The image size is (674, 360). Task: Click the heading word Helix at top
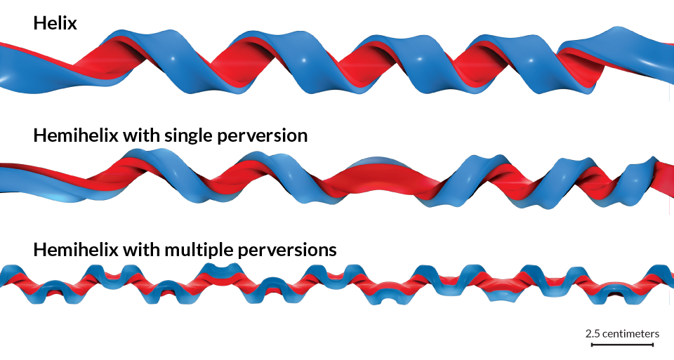click(x=55, y=23)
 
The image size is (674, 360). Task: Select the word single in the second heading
click(x=191, y=135)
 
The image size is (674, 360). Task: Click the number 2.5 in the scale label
click(x=593, y=333)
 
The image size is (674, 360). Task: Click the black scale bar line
click(x=622, y=345)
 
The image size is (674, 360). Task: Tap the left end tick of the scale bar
click(x=591, y=345)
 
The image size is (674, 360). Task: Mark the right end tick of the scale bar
click(x=654, y=345)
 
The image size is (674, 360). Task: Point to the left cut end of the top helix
click(x=3, y=67)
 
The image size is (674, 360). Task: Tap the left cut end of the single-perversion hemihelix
click(x=3, y=178)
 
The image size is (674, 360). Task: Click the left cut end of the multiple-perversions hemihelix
click(x=4, y=279)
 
